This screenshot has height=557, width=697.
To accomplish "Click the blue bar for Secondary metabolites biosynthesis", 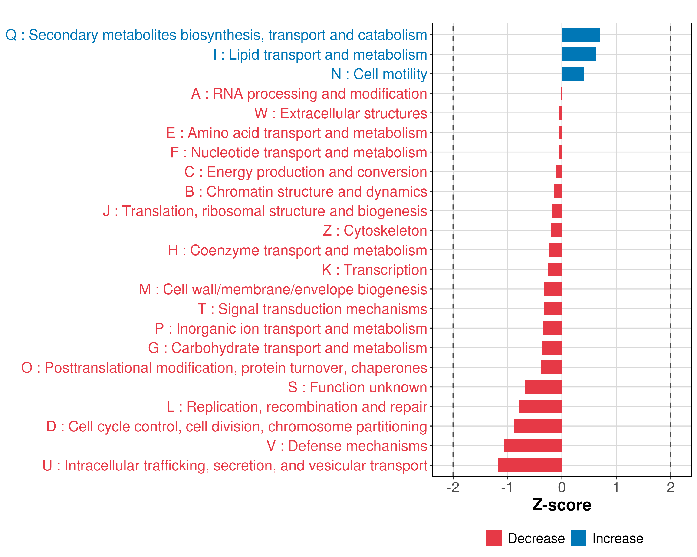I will (581, 35).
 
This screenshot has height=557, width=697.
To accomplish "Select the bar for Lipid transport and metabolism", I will (579, 54).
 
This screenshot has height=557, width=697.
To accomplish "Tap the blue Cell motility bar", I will (573, 74).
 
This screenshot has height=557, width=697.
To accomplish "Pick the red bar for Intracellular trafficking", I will (530, 465).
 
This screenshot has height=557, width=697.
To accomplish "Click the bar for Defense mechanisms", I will (533, 446).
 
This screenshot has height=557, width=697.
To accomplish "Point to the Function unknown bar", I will (543, 387).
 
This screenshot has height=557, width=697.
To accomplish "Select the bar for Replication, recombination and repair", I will (540, 407).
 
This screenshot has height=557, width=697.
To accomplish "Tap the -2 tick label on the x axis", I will (453, 488).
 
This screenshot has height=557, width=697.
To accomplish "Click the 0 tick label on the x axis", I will (562, 488).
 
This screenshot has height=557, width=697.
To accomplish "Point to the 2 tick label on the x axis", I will (671, 488).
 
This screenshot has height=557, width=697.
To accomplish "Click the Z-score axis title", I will (562, 505).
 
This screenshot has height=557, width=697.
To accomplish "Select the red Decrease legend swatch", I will (494, 538).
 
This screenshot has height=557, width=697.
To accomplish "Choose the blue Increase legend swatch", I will (578, 538).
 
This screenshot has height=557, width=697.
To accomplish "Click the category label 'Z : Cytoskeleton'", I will (375, 230).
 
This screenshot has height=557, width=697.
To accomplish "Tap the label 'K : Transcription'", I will (374, 270).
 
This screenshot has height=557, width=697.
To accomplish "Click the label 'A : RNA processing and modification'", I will (309, 94).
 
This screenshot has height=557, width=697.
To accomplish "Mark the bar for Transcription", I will (555, 270).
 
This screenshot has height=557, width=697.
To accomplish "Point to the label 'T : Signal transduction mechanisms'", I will (312, 309).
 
